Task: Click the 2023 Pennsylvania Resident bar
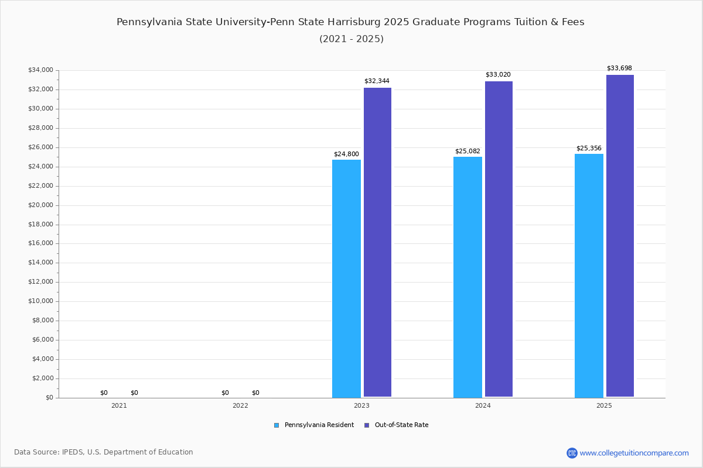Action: click(346, 278)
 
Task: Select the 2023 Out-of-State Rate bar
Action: click(377, 242)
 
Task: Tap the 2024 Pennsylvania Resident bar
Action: click(467, 277)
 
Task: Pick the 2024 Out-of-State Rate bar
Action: click(499, 239)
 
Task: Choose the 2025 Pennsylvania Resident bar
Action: click(589, 276)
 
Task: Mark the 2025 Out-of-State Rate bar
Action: click(620, 236)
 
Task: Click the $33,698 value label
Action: click(619, 68)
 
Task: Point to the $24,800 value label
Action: click(346, 154)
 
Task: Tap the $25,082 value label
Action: click(467, 152)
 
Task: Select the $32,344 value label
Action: click(377, 81)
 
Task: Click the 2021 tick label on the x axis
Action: click(119, 405)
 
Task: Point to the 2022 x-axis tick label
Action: click(240, 405)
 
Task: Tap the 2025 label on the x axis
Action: click(604, 405)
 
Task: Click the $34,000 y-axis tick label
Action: click(40, 70)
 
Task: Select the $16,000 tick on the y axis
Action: click(40, 243)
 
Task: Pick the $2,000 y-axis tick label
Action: click(42, 378)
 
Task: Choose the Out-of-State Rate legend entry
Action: click(401, 425)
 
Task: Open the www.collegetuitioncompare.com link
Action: click(634, 453)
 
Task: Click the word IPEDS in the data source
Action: click(73, 452)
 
